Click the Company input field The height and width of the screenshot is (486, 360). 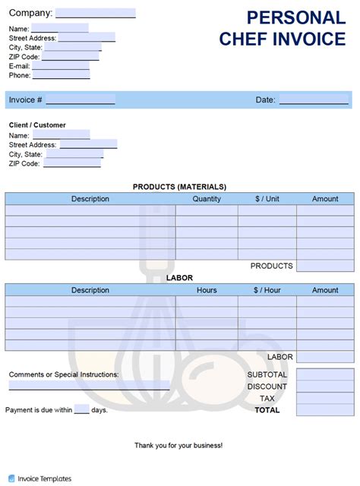click(x=95, y=13)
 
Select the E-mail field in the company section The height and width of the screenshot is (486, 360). click(x=61, y=65)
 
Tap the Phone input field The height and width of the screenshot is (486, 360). click(x=61, y=74)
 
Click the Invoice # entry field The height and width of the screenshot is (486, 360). click(x=80, y=99)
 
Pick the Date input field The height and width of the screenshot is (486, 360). click(x=313, y=99)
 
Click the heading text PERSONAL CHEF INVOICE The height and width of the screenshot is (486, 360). click(x=282, y=28)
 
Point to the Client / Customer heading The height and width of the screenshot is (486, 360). click(x=37, y=125)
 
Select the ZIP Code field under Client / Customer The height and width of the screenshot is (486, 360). click(x=71, y=163)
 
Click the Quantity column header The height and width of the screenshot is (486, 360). click(x=207, y=199)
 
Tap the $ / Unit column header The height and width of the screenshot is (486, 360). click(x=267, y=199)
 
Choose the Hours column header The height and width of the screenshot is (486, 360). click(x=207, y=290)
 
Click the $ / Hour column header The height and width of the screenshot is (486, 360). click(x=267, y=290)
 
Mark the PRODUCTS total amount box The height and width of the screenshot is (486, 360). click(x=325, y=266)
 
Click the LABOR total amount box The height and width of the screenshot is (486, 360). click(x=325, y=357)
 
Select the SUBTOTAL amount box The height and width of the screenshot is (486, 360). click(x=325, y=374)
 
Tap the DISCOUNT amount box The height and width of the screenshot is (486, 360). click(x=325, y=387)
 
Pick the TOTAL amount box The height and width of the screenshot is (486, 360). click(x=325, y=410)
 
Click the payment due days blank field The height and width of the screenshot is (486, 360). click(x=82, y=410)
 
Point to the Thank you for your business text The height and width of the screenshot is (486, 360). click(x=178, y=445)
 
